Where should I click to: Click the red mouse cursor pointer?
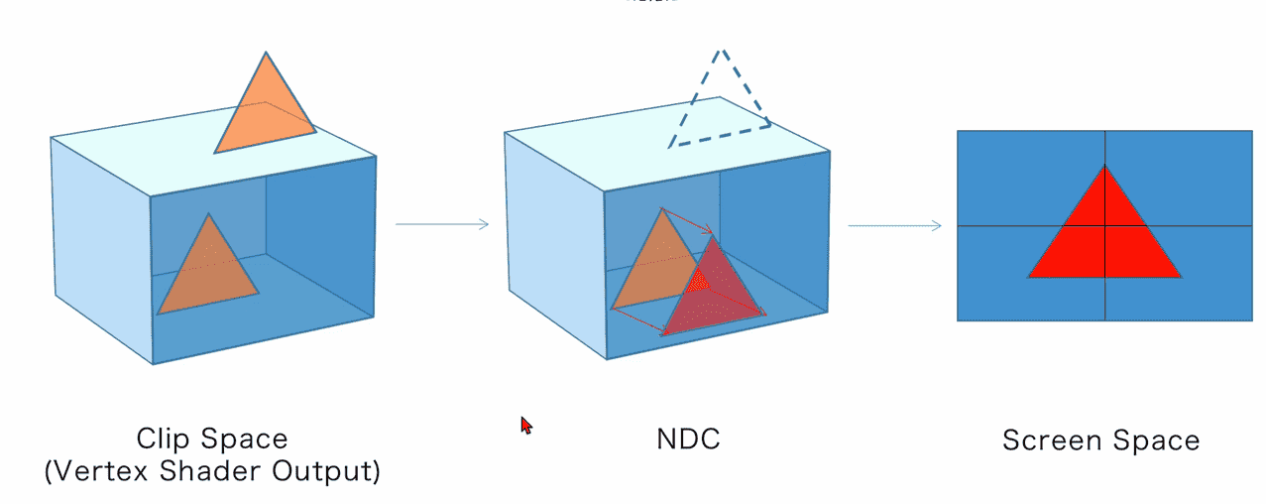point(526,425)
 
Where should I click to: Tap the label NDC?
point(688,440)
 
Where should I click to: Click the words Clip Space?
point(212,439)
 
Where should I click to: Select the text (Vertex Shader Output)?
point(212,471)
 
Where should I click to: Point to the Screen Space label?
point(1100,441)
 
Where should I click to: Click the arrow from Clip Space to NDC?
point(442,224)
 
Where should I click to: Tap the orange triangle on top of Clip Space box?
point(265,109)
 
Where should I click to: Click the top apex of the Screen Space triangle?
point(1104,167)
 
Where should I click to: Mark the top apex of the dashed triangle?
point(722,49)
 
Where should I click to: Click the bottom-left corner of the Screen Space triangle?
point(1030,276)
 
